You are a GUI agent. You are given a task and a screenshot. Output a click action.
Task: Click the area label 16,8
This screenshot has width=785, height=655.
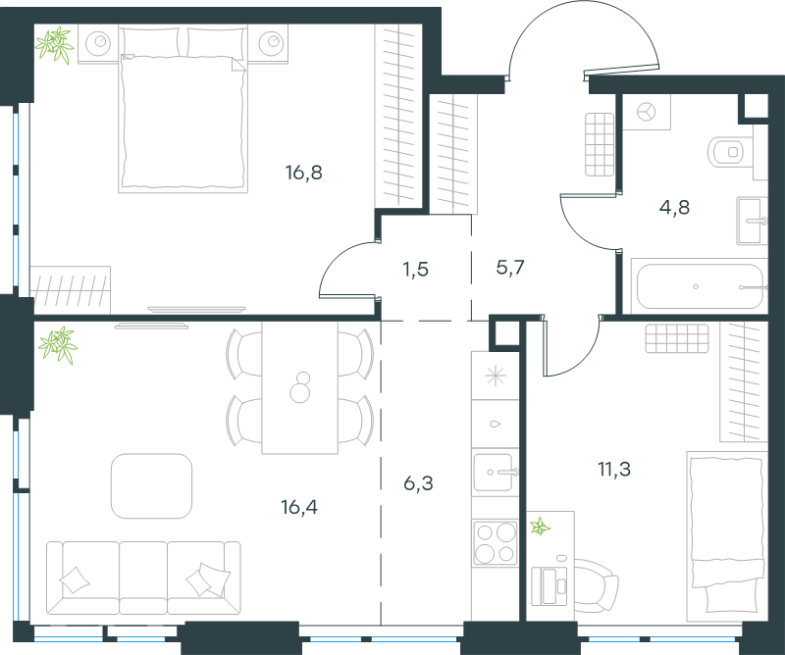tap(303, 174)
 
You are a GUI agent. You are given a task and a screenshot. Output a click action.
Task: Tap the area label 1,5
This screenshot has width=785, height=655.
tap(415, 270)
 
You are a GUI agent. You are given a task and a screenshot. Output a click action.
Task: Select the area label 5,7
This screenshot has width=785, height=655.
tap(510, 268)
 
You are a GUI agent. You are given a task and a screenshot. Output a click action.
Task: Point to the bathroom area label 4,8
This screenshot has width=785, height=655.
tap(674, 207)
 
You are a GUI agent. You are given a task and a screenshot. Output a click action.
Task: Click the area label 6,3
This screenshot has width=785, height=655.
tap(418, 483)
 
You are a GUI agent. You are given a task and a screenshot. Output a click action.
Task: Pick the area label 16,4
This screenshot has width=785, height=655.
tap(299, 507)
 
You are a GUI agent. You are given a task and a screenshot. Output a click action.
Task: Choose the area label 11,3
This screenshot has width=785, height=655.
tap(614, 470)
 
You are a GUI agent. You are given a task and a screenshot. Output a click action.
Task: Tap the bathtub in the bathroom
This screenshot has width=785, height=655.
tap(700, 286)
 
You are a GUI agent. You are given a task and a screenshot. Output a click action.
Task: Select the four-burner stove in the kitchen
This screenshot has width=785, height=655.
tap(496, 542)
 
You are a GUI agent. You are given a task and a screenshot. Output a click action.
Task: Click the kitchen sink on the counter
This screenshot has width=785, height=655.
tap(495, 473)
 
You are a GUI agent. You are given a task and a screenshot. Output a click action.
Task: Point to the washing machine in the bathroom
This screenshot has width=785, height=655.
tap(647, 112)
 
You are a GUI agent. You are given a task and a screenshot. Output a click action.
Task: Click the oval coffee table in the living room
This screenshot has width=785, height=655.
tap(152, 486)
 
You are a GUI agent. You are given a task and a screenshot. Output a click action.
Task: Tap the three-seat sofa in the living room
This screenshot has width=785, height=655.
tap(143, 578)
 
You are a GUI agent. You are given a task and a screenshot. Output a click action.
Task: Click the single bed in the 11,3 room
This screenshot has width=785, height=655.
tap(727, 532)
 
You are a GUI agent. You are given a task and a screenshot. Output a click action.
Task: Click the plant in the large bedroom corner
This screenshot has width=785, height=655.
tap(55, 45)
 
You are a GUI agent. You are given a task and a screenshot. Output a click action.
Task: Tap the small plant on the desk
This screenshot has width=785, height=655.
tap(541, 527)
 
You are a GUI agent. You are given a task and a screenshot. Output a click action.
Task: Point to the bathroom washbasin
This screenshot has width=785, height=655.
tap(752, 221)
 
